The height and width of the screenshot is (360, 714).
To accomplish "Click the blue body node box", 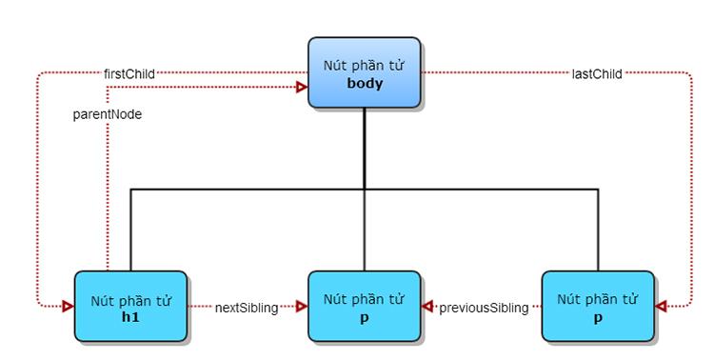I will click(364, 72).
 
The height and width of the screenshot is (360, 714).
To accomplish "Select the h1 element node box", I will click(130, 307).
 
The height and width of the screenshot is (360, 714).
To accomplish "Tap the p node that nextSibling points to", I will click(364, 307).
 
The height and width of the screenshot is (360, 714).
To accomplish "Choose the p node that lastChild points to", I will click(597, 307).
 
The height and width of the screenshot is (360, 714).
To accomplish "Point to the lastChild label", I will click(597, 73).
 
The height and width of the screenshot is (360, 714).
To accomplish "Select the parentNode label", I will click(108, 113).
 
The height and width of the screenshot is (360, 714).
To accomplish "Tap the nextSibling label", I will click(246, 308).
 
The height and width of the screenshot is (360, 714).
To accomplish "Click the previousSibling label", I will click(483, 308).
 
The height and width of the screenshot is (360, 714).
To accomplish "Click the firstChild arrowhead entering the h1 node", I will click(69, 307).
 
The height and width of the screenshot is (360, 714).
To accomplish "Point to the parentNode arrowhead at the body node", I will click(302, 88).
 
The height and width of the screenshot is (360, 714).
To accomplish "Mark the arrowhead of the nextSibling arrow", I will click(302, 307).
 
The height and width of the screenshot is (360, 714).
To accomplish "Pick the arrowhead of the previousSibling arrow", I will click(427, 307).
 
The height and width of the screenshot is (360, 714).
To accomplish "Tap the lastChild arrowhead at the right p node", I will click(662, 307).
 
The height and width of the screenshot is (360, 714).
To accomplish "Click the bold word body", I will click(364, 84).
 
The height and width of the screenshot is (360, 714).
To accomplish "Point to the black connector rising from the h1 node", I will click(130, 229).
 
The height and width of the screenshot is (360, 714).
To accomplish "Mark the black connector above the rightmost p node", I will click(598, 229).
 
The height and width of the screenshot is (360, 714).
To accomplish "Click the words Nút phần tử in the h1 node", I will click(130, 300).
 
